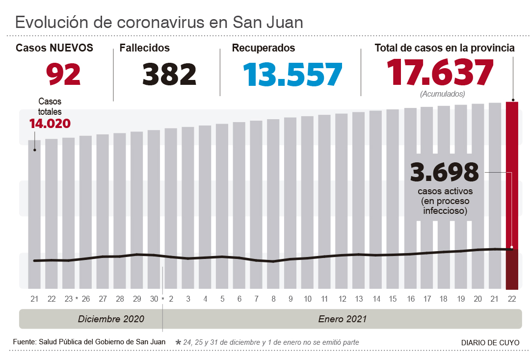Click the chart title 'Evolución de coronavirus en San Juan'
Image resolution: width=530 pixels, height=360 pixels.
(x=159, y=23)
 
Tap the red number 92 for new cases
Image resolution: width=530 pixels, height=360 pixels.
(x=63, y=74)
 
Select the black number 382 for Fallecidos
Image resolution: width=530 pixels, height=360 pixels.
(x=169, y=74)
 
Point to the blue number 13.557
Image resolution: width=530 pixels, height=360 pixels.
(x=292, y=74)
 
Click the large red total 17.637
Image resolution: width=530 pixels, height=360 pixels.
(x=440, y=73)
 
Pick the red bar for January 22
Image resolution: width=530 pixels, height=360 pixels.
(x=512, y=196)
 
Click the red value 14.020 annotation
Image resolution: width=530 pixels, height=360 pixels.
(x=50, y=124)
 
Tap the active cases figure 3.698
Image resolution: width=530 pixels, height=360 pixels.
(x=445, y=172)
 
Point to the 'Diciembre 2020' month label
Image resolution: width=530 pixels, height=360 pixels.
(x=111, y=319)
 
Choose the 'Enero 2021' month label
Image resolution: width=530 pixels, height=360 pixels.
(x=342, y=319)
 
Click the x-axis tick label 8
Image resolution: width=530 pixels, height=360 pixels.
(x=273, y=299)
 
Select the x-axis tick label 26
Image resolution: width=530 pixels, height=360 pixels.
(x=86, y=299)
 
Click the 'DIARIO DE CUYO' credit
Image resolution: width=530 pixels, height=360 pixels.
(x=490, y=343)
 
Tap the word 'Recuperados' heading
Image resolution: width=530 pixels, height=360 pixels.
(x=263, y=48)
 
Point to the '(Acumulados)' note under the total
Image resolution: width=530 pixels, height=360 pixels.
(x=442, y=94)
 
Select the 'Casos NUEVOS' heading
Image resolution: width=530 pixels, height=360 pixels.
(x=54, y=48)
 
